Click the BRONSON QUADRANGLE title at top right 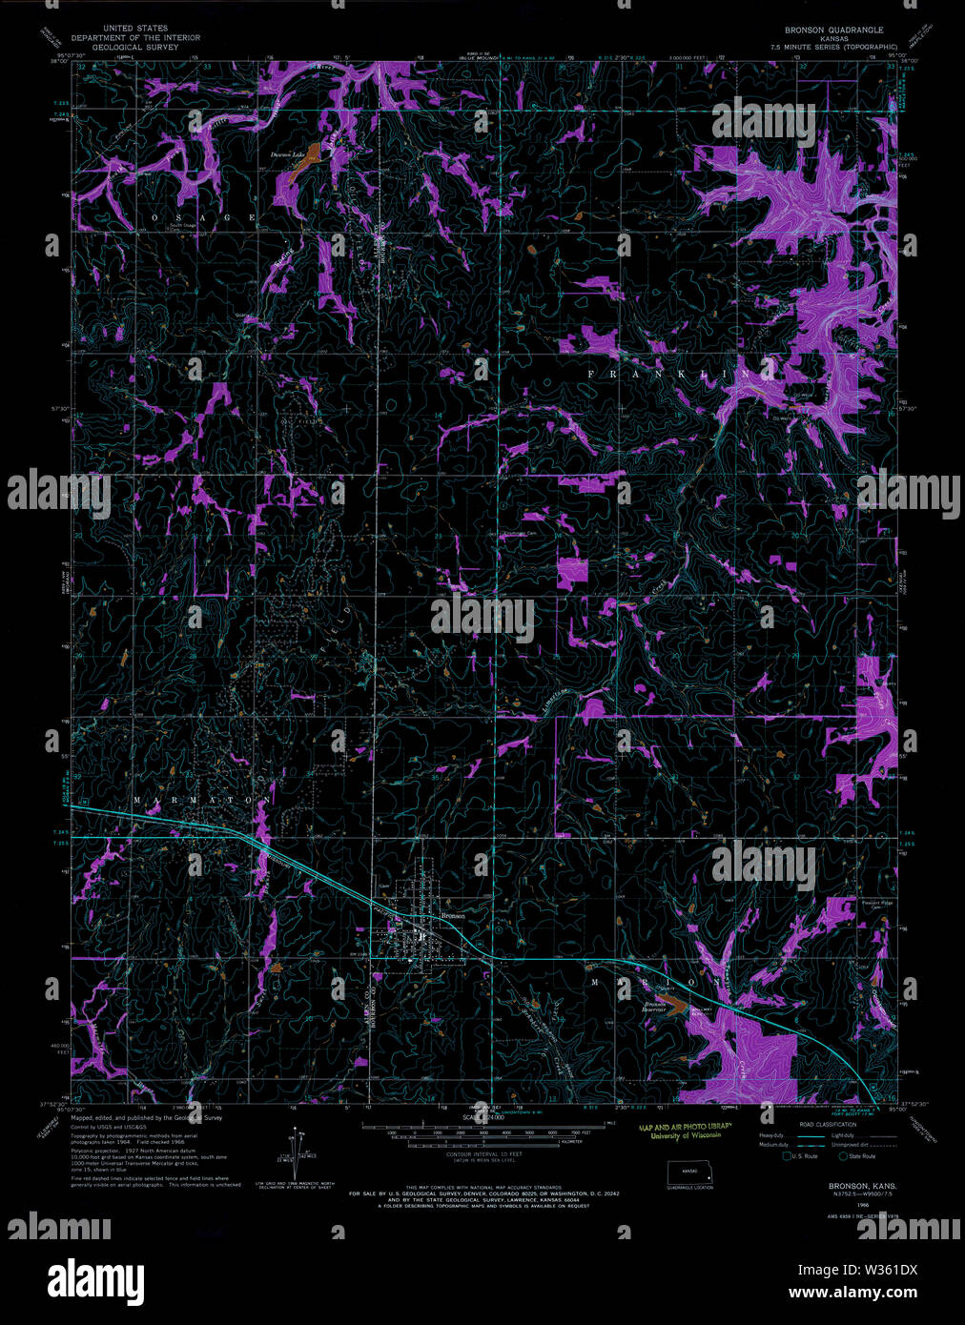tap(834, 30)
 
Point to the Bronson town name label tap(453, 915)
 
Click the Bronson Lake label tap(288, 154)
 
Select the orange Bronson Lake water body tap(302, 169)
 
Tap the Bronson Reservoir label tap(654, 1007)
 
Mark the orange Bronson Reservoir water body tap(671, 1003)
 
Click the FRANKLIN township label tap(668, 375)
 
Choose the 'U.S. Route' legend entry tap(801, 1156)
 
